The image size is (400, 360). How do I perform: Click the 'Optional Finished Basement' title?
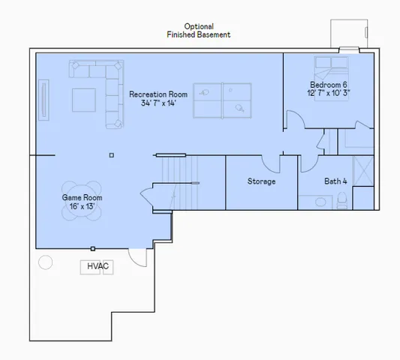coord(198,30)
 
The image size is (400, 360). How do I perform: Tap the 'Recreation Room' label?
coord(158,98)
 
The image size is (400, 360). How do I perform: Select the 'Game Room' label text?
coord(82,202)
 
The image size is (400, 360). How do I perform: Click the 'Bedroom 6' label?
coord(329,88)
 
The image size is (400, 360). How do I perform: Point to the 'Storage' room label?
coord(261,181)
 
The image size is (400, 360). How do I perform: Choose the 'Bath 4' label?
coord(335,181)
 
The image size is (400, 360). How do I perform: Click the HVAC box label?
coord(97,266)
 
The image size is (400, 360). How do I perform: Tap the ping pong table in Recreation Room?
coord(224,100)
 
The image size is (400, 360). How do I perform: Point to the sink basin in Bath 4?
coord(320,202)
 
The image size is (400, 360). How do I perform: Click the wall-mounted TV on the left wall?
coord(43,97)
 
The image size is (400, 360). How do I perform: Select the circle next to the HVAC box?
coord(45,262)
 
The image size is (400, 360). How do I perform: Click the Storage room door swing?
coord(271,160)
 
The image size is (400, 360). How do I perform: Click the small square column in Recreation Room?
coord(111,155)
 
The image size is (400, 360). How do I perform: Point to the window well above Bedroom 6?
coord(346,34)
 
